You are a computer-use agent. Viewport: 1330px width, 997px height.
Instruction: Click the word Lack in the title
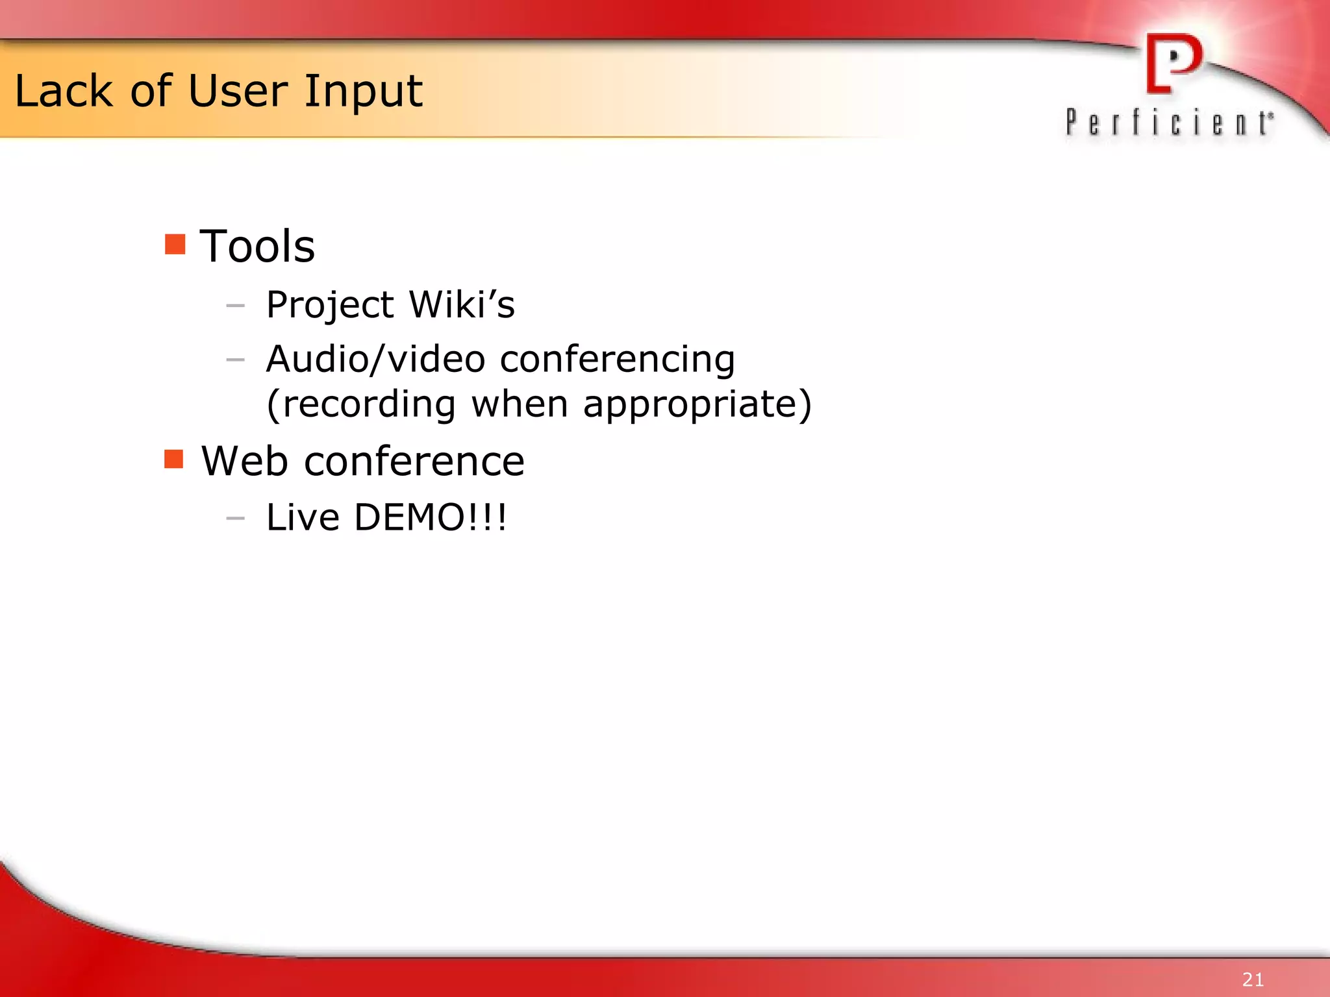tap(64, 91)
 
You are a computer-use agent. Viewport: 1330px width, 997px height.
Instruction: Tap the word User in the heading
tap(238, 91)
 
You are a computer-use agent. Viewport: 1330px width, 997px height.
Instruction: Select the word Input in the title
tap(364, 92)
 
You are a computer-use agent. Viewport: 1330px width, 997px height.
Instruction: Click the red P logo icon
tap(1173, 64)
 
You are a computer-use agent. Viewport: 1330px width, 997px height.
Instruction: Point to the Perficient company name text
tap(1169, 123)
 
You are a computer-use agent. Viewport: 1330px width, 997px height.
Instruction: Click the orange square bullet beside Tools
tap(175, 245)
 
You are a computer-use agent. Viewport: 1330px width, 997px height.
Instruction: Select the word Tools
tap(257, 247)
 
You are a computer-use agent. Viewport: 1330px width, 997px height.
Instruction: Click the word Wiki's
tap(462, 304)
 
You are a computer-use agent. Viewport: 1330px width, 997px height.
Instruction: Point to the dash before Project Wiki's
tap(235, 305)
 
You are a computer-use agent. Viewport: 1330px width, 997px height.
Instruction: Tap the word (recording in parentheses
tap(361, 404)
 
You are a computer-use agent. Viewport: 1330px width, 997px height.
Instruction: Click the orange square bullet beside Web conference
tap(174, 459)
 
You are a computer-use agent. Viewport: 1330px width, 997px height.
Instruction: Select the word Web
tap(244, 462)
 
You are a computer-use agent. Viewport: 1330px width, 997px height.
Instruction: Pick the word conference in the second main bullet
tap(414, 462)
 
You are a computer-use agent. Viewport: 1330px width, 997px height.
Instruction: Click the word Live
tap(303, 517)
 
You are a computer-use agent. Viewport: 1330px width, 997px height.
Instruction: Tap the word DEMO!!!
tap(430, 517)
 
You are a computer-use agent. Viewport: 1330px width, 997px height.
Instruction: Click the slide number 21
tap(1253, 979)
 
